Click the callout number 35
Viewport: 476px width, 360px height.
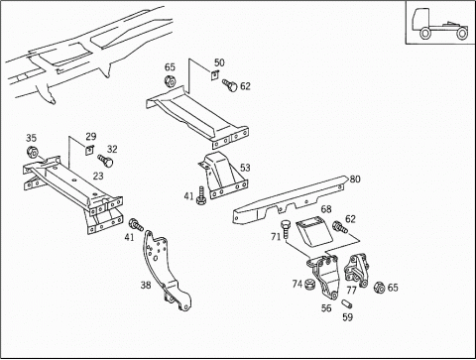(31, 138)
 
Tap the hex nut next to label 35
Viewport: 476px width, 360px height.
(32, 152)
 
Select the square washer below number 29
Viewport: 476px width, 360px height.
(89, 150)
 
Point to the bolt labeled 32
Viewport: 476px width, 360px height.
(105, 161)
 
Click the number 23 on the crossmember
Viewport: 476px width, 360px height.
(98, 176)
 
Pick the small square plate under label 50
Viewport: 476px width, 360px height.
(215, 75)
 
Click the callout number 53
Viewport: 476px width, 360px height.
(245, 168)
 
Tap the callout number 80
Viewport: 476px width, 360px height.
(355, 180)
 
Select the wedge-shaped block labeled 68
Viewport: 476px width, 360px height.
(314, 231)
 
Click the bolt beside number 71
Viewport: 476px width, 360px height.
(285, 230)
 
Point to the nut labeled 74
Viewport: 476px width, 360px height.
(309, 285)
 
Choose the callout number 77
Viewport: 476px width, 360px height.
(351, 291)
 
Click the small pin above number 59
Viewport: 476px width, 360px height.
(346, 302)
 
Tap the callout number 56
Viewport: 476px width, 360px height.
(326, 308)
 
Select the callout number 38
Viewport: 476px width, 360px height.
(146, 285)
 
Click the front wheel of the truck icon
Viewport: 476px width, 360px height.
(424, 34)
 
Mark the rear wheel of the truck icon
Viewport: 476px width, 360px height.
(462, 34)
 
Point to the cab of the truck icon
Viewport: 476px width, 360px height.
(420, 20)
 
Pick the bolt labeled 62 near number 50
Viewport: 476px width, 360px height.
(230, 85)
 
